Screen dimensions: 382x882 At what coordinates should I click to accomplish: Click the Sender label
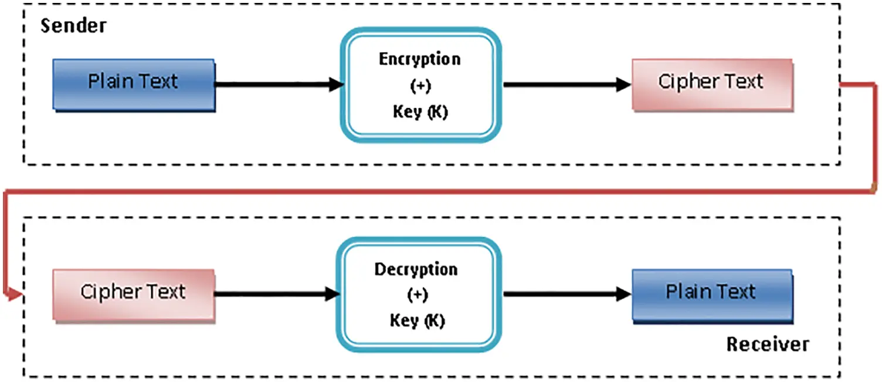(73, 26)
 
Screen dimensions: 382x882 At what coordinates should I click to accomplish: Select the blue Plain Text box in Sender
(133, 84)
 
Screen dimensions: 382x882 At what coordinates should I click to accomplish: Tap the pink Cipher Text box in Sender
(712, 84)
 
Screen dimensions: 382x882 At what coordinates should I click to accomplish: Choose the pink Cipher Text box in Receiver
(133, 295)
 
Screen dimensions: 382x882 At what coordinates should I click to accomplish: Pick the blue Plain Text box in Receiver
(712, 295)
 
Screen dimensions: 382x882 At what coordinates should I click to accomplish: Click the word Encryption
(420, 60)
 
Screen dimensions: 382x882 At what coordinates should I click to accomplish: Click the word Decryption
(416, 270)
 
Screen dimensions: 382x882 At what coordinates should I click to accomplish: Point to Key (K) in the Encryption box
(420, 112)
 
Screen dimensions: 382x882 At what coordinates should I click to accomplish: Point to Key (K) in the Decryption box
(417, 321)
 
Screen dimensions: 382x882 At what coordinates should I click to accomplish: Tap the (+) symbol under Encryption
(420, 86)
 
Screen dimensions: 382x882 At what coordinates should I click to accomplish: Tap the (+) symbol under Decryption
(417, 295)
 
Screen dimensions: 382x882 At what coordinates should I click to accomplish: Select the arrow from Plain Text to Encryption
(276, 84)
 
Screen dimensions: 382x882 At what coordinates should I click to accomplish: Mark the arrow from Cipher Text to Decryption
(276, 295)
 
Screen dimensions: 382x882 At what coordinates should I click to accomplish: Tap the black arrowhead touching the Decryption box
(333, 295)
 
